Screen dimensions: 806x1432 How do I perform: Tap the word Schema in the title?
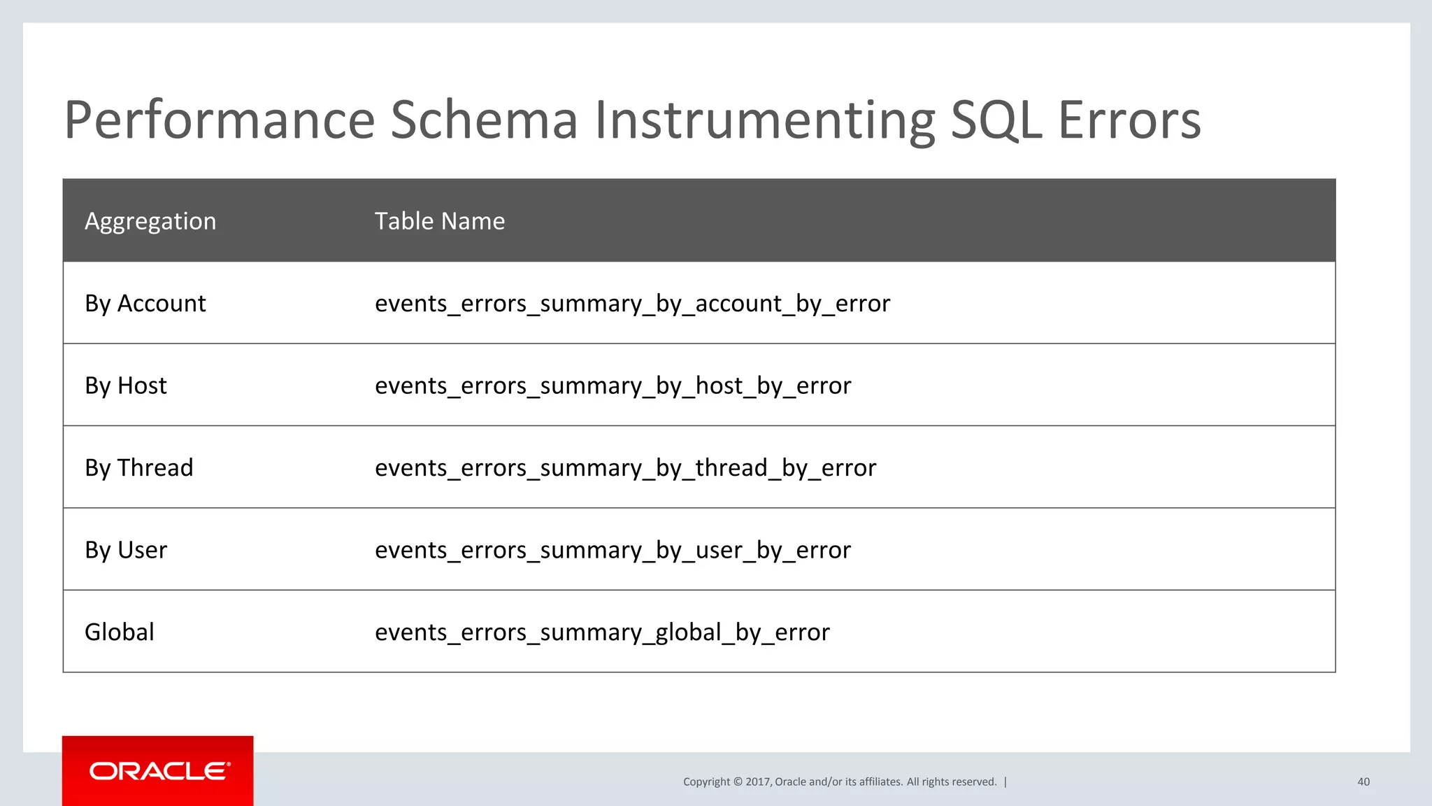pos(484,120)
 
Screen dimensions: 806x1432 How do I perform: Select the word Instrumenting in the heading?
pos(765,120)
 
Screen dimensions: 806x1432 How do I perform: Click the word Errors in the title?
pos(1129,120)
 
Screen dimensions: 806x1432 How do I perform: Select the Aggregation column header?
pos(150,221)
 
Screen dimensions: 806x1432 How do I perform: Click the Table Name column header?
pos(439,221)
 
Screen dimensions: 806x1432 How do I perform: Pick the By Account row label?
pos(145,304)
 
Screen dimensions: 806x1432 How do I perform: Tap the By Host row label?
pos(126,386)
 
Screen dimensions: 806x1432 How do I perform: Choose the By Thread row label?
pos(138,467)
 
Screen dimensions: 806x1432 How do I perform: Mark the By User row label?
pos(126,550)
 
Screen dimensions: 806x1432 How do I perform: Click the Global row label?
pos(119,632)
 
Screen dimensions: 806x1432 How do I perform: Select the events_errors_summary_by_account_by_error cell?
pos(632,304)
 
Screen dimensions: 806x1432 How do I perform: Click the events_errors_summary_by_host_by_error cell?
pos(613,386)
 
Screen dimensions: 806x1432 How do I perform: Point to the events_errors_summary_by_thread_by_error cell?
pos(625,467)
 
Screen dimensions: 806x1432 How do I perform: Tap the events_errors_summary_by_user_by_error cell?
pos(613,550)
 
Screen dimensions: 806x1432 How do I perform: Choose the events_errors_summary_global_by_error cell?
pos(602,632)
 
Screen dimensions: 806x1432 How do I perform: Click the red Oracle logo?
pos(158,771)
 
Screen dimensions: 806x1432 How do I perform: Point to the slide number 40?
pos(1363,782)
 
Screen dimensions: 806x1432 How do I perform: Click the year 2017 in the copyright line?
pos(757,782)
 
